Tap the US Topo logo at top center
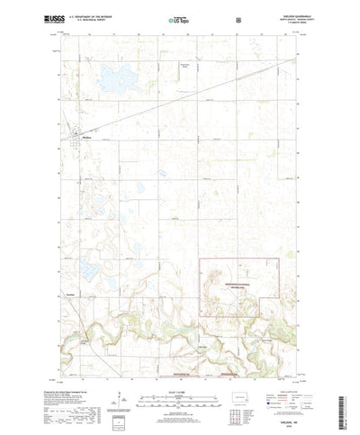pos(180,18)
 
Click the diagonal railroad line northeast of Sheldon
pos(180,98)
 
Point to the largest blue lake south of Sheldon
pos(93,271)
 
